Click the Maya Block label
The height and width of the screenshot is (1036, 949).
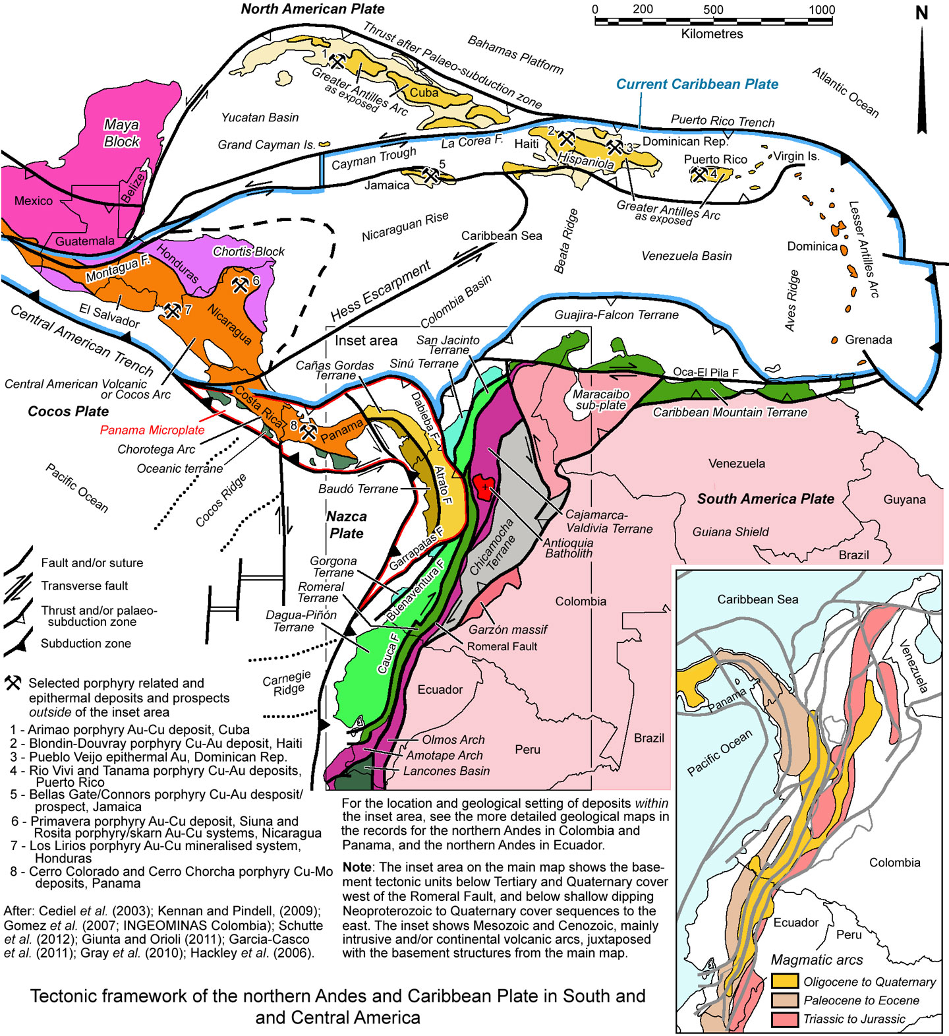click(x=122, y=133)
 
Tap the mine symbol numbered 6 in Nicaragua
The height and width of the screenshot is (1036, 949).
click(x=241, y=285)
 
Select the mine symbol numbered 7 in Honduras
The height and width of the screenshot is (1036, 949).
click(x=173, y=310)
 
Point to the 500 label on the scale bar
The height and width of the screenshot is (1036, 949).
click(x=713, y=10)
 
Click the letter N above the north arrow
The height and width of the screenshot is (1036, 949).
click(x=921, y=13)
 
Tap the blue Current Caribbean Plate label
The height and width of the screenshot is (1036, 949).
click(x=697, y=84)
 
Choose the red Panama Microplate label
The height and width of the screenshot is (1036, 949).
click(x=152, y=430)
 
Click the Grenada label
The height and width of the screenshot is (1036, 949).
click(x=868, y=340)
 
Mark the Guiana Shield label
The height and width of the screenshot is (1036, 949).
click(x=730, y=532)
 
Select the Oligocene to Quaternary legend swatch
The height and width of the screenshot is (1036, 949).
click(x=784, y=982)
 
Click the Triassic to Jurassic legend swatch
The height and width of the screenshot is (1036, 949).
click(x=784, y=1019)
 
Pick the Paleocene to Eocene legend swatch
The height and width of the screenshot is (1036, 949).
click(x=784, y=1000)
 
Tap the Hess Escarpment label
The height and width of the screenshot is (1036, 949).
click(x=380, y=291)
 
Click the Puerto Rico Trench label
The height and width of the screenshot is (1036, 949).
click(x=722, y=121)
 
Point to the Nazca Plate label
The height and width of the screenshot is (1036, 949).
click(x=347, y=525)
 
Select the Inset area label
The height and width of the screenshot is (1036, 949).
click(x=366, y=340)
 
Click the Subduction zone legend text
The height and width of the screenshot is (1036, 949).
click(x=86, y=643)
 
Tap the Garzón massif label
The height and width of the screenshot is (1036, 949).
click(x=507, y=629)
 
